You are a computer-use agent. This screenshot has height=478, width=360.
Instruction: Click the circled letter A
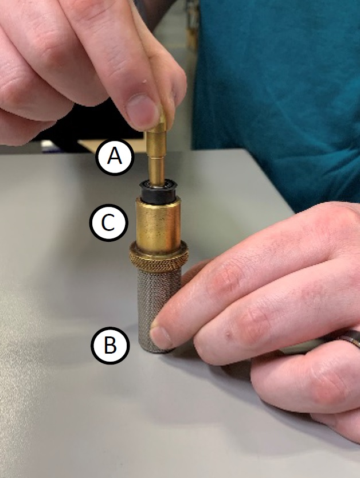(115, 157)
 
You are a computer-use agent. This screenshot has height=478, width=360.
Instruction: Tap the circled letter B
(110, 346)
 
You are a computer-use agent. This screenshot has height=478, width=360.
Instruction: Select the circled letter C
(108, 222)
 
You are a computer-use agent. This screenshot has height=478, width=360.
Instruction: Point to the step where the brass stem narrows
(156, 158)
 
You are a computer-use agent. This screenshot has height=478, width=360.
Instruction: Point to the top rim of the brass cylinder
(158, 199)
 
